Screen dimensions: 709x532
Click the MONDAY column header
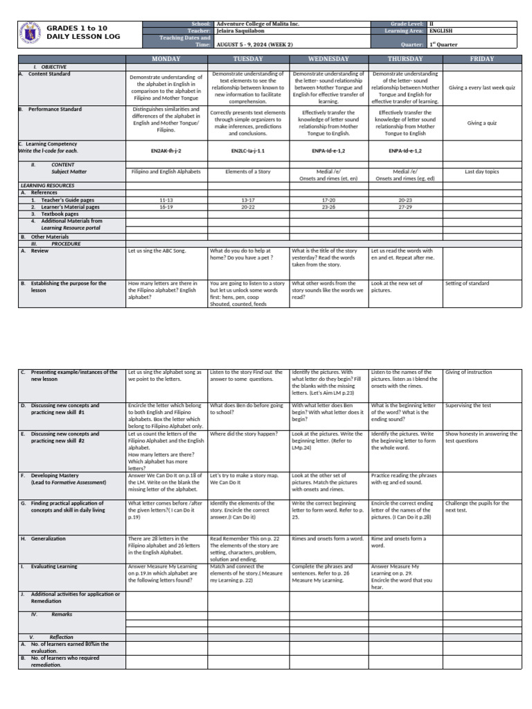(x=166, y=59)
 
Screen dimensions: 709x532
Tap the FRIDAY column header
(x=481, y=59)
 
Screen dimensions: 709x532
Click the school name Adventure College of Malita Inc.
(x=258, y=24)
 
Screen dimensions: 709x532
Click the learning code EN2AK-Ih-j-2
(x=166, y=150)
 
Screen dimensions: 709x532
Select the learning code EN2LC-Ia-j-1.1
(x=248, y=150)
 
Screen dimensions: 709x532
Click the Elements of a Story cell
(x=248, y=171)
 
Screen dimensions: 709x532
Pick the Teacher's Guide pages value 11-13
(x=166, y=199)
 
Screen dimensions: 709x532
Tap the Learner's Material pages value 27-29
(x=405, y=206)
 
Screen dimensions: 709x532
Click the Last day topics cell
(x=481, y=171)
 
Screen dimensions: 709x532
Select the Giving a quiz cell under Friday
(x=481, y=123)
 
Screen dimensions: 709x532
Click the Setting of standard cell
(x=467, y=283)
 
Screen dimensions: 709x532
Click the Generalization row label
(x=48, y=538)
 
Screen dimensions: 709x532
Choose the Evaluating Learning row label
(x=53, y=566)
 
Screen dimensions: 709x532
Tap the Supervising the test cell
(x=469, y=405)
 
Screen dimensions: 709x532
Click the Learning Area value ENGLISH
(x=441, y=31)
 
